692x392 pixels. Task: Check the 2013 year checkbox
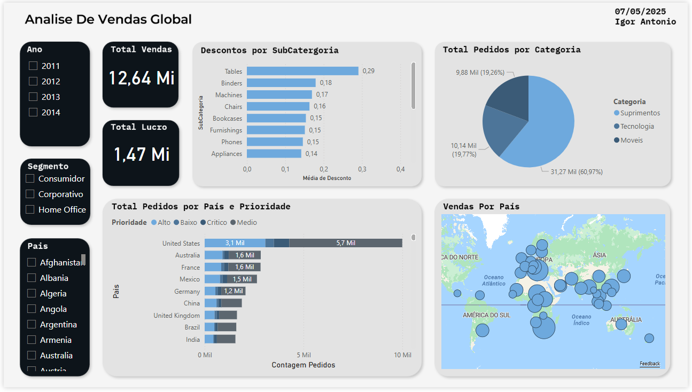(x=33, y=97)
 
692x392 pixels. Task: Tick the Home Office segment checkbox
(x=30, y=209)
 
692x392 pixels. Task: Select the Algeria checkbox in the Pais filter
(x=32, y=293)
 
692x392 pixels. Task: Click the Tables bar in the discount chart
(x=302, y=71)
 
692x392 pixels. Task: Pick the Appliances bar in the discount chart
(x=274, y=154)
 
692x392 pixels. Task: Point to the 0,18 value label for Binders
(x=325, y=83)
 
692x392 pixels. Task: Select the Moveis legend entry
(x=631, y=140)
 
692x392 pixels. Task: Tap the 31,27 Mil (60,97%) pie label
(x=576, y=172)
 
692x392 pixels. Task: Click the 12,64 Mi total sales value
(x=142, y=78)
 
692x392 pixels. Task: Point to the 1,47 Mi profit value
(x=142, y=154)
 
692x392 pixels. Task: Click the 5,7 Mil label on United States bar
(x=345, y=243)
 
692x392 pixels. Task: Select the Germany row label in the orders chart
(x=187, y=292)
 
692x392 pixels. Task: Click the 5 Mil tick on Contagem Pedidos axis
(x=304, y=355)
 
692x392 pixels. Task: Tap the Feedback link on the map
(x=649, y=364)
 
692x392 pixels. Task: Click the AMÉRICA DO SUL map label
(x=486, y=315)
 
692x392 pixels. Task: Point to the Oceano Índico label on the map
(x=581, y=320)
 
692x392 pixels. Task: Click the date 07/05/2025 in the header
(x=640, y=11)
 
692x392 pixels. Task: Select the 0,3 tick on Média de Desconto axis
(x=362, y=169)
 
